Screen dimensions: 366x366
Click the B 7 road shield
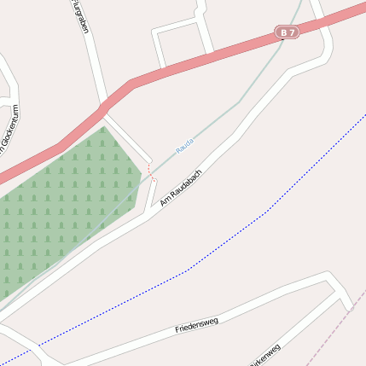click(288, 32)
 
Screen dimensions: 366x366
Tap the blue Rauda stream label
click(184, 145)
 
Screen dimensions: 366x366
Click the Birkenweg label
click(264, 355)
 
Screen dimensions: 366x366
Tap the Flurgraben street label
click(79, 17)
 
